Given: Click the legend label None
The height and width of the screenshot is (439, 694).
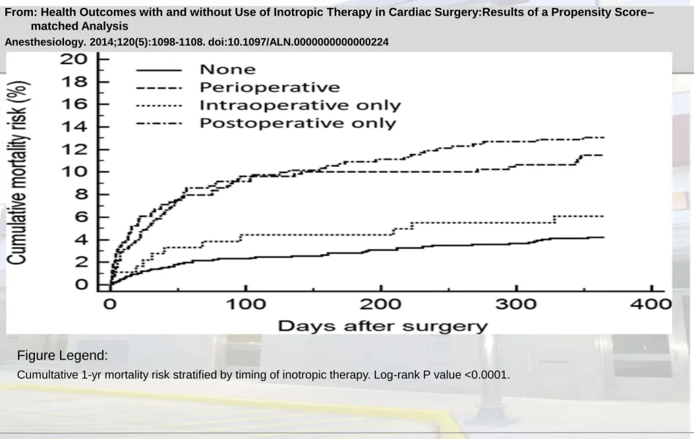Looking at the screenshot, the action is click(227, 70).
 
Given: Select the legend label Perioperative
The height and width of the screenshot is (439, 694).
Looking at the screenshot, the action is click(269, 87).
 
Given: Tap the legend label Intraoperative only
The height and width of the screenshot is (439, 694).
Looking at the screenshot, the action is click(300, 105).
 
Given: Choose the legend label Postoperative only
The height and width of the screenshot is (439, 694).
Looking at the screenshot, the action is click(298, 123).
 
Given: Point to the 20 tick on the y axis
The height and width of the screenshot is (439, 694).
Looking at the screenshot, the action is click(74, 59).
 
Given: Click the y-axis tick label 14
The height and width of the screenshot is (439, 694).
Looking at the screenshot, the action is click(74, 127).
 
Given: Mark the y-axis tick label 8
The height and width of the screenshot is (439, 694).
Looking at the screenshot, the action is click(81, 195).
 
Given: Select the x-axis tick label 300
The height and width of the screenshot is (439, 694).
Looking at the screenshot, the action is click(516, 305).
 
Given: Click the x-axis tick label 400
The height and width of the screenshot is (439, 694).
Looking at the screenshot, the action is click(651, 305).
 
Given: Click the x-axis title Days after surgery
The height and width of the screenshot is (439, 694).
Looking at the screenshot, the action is click(383, 327).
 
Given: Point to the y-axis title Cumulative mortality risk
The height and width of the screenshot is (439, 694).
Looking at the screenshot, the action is click(18, 173).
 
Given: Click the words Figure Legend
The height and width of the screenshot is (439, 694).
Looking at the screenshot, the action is click(63, 356).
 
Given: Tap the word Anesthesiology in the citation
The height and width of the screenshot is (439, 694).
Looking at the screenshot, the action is click(46, 42).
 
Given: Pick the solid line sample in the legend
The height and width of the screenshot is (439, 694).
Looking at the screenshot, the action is click(159, 70).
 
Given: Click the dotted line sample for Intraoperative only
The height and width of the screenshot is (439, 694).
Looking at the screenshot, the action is click(159, 106).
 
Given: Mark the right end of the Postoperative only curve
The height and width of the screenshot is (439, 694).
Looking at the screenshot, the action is click(604, 138).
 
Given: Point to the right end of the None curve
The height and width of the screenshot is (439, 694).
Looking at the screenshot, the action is click(604, 237).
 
